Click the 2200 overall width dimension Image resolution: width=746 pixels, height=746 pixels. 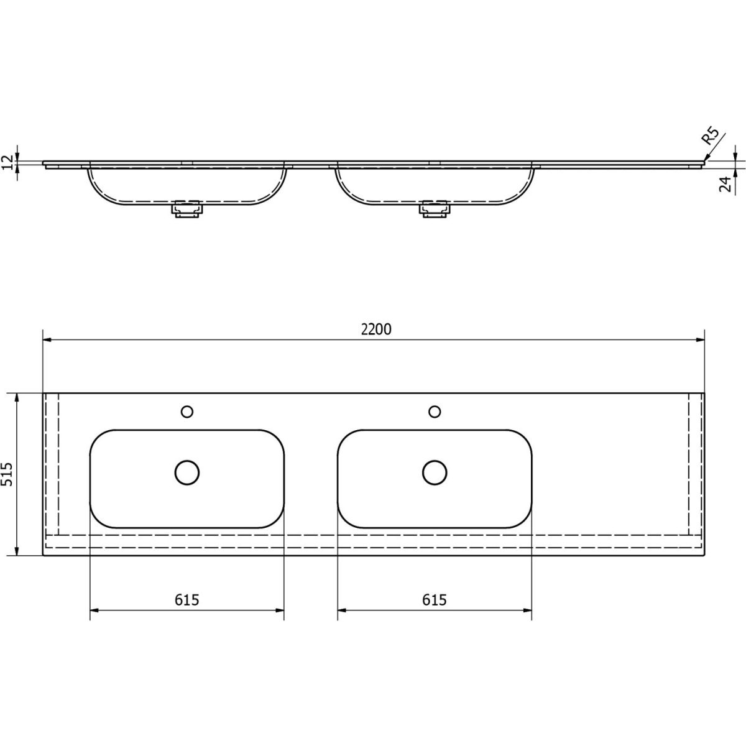point(376,329)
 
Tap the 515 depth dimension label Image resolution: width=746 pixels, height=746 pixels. point(7,474)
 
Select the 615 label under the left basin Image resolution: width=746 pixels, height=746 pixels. point(187,600)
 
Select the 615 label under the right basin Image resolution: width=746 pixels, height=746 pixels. point(435,600)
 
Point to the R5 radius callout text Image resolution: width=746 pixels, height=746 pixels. point(710,136)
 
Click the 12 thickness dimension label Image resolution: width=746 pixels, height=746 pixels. point(7,162)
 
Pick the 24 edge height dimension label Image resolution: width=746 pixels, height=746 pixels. point(725,183)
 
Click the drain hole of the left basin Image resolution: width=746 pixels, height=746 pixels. point(187,472)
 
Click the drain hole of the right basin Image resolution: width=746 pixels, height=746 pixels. point(435,472)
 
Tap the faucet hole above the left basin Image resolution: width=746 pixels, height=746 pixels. point(187,412)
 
